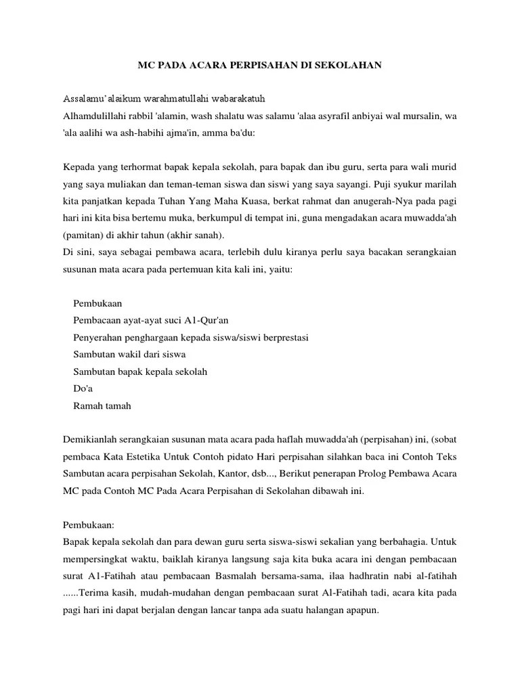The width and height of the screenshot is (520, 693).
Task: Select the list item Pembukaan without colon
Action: [x=97, y=303]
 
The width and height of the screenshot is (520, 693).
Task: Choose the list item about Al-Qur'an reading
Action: [x=156, y=320]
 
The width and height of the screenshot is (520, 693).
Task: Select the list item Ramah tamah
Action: [x=102, y=405]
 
